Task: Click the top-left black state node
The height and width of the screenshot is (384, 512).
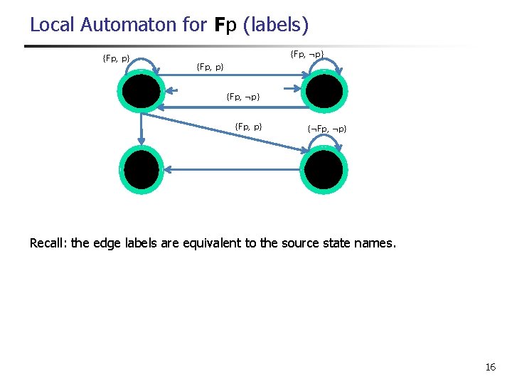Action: [x=142, y=91]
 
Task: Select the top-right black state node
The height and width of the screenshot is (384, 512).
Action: [x=325, y=91]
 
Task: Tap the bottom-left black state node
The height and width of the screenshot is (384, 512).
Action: [x=142, y=169]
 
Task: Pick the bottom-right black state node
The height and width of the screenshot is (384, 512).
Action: [x=325, y=169]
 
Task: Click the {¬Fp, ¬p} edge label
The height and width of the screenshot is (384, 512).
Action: [x=327, y=129]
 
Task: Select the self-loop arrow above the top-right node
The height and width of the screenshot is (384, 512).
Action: [x=325, y=61]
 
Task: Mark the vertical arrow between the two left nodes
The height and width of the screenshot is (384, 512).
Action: [x=142, y=128]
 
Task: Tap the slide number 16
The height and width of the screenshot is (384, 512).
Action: [x=490, y=367]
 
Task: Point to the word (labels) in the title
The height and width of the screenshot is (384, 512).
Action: [x=276, y=25]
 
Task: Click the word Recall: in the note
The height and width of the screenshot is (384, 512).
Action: [x=48, y=243]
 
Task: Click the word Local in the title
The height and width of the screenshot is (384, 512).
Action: [x=53, y=25]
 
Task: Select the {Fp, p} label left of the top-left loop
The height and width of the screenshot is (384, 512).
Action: [x=116, y=58]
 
